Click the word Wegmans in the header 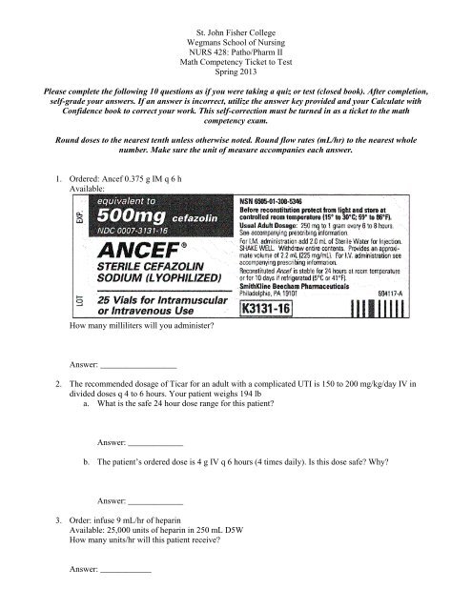click(202, 29)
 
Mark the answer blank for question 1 click(138, 366)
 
